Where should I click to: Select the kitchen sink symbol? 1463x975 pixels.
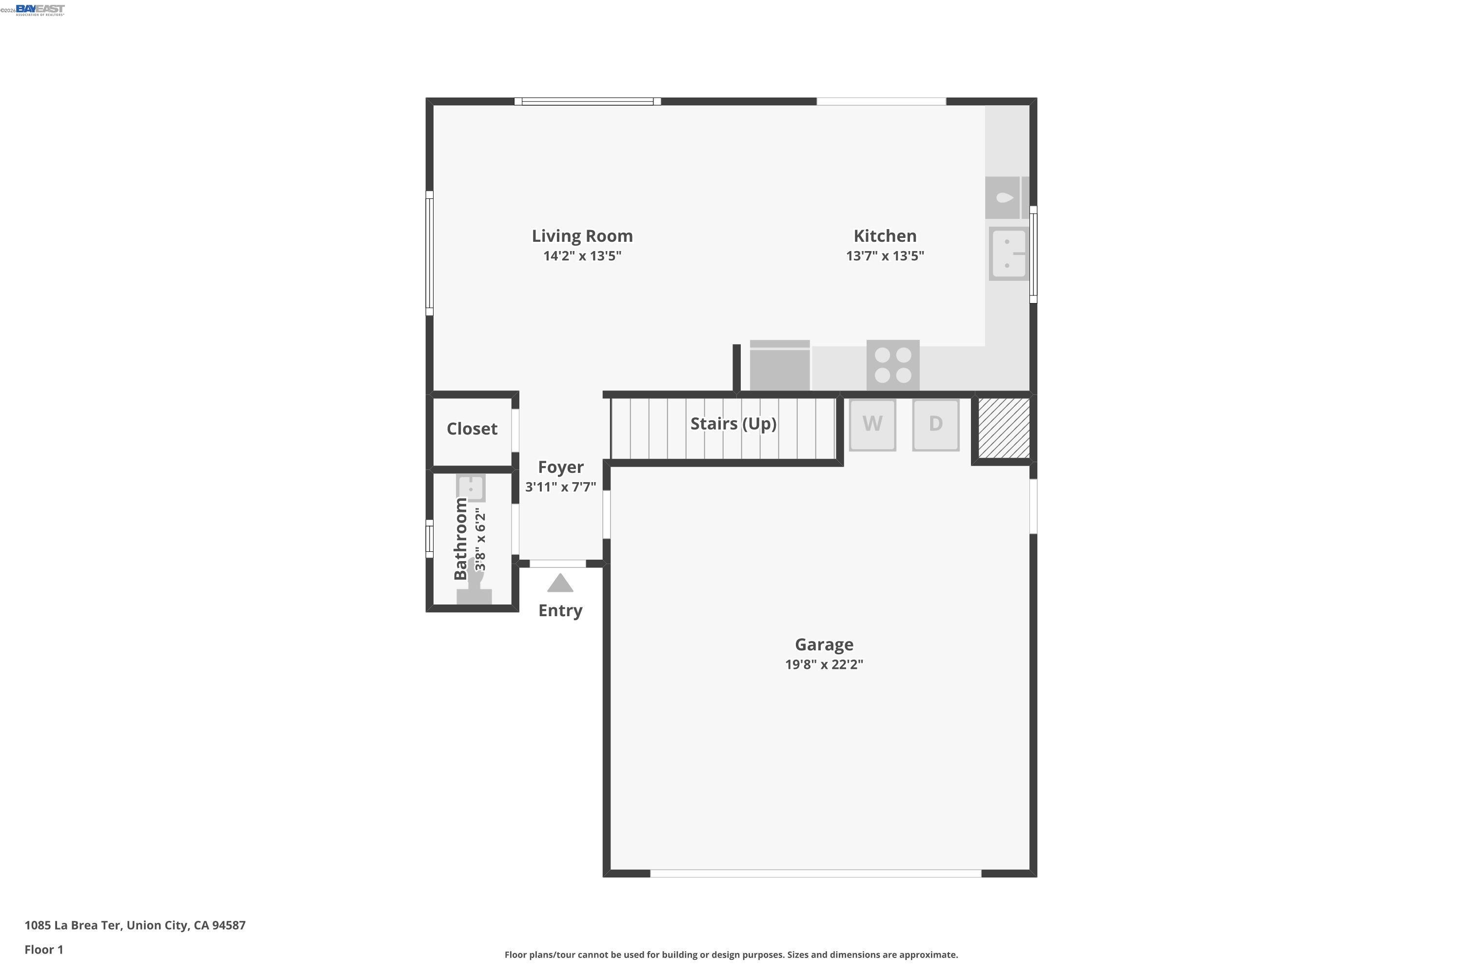[x=1008, y=253]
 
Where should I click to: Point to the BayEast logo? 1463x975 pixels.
[x=40, y=9]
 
